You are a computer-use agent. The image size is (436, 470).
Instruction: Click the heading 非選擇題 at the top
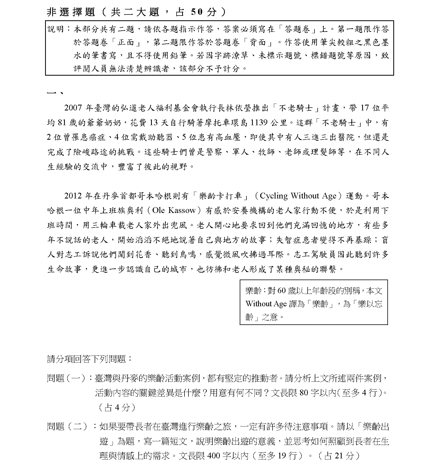click(71, 12)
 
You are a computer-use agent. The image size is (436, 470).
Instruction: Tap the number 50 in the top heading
click(197, 12)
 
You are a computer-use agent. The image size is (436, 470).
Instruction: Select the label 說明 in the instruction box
click(56, 29)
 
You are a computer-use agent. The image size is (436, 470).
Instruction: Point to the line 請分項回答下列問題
click(90, 359)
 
